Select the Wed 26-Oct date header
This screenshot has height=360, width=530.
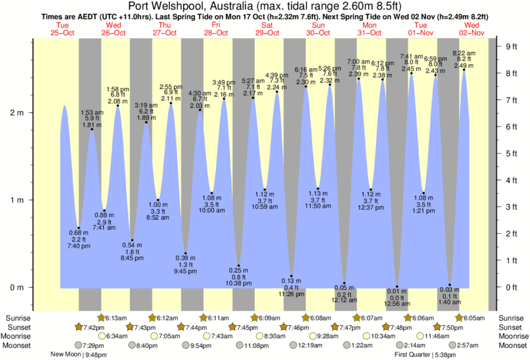(114, 28)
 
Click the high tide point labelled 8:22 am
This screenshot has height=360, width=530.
(464, 69)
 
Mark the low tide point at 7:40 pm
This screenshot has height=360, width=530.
(79, 228)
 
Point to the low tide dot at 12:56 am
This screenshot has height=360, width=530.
(397, 287)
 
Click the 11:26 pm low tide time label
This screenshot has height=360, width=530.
(291, 294)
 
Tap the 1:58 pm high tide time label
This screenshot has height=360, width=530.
(118, 89)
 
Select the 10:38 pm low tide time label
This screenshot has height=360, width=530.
(239, 283)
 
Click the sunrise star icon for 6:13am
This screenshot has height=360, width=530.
(102, 317)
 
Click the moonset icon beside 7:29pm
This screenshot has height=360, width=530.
(79, 345)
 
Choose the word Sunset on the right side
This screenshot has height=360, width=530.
(511, 327)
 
